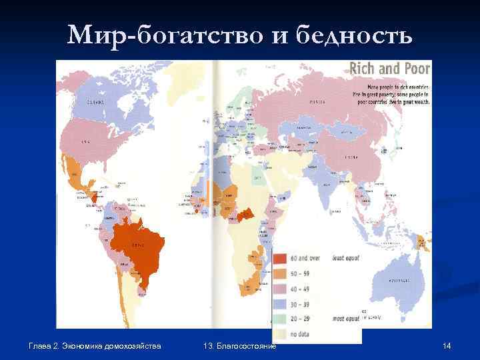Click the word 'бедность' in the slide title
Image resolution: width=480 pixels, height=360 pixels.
click(x=359, y=33)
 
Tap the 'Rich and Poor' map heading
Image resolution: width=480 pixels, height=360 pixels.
click(x=389, y=69)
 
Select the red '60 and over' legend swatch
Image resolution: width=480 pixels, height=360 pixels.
click(x=280, y=259)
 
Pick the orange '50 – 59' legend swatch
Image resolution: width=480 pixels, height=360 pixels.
click(x=280, y=273)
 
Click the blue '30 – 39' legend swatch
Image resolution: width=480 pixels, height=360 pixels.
click(x=280, y=303)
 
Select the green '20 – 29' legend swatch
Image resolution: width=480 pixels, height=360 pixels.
click(x=280, y=317)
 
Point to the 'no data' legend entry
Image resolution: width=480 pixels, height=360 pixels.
click(x=300, y=332)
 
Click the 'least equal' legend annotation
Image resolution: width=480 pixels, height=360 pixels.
click(x=345, y=259)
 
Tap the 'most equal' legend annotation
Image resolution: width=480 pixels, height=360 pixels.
click(x=344, y=317)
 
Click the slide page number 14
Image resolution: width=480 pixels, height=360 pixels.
click(x=447, y=345)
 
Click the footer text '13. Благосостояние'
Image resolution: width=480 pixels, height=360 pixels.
click(x=239, y=345)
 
